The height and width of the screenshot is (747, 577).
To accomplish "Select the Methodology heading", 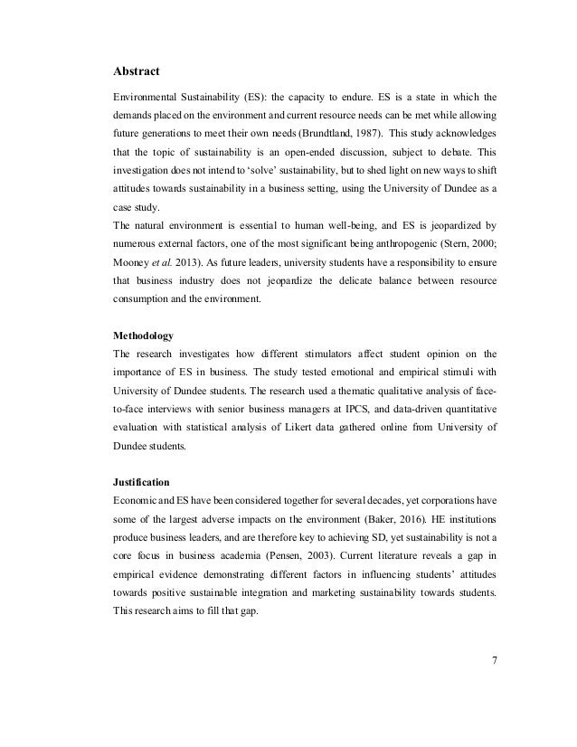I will [x=144, y=335].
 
